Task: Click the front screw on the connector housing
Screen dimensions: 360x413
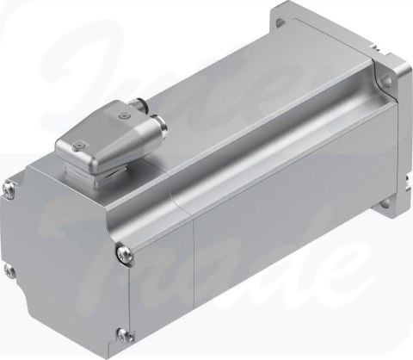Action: click(79, 146)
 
